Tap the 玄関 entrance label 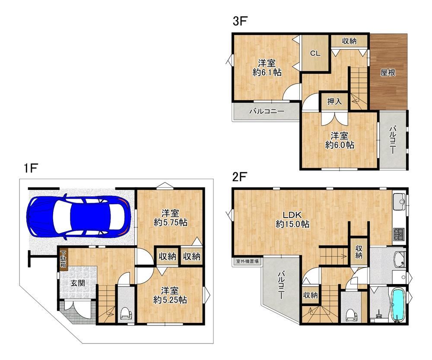(x=78, y=283)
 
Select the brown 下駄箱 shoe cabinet (x=64, y=259)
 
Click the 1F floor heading (x=30, y=168)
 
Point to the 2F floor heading (x=239, y=177)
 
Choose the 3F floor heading (x=239, y=21)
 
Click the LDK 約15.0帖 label (x=292, y=219)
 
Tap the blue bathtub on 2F (x=397, y=305)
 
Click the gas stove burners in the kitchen (x=399, y=234)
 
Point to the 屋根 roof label (x=388, y=73)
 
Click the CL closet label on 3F (x=315, y=54)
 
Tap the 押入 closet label (x=334, y=101)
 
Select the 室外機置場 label (x=247, y=261)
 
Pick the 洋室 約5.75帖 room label (x=170, y=218)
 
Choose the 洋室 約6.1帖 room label (x=267, y=68)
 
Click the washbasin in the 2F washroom (x=400, y=259)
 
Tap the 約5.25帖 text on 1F (x=170, y=300)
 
